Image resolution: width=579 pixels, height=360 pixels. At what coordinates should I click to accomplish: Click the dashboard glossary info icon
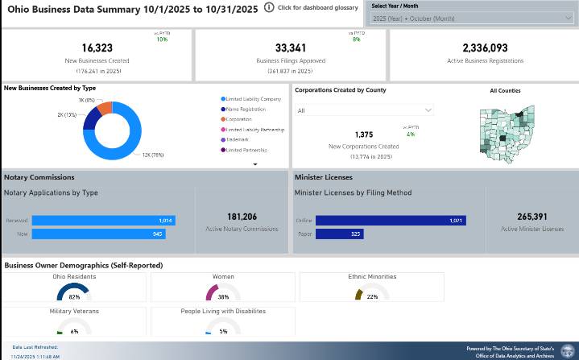(x=269, y=7)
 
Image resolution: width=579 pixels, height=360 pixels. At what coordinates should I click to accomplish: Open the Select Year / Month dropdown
(x=473, y=18)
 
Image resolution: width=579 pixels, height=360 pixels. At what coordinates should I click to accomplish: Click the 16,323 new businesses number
(x=97, y=48)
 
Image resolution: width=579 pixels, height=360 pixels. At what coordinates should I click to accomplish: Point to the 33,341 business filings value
(x=290, y=48)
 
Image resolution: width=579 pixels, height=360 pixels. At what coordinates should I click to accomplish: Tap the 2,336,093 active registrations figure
(x=485, y=48)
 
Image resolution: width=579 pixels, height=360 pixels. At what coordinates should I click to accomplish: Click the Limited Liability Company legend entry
(x=253, y=99)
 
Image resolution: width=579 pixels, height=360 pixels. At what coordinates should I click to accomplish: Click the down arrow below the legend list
(x=255, y=163)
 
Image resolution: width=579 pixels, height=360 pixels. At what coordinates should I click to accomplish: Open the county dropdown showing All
(x=363, y=110)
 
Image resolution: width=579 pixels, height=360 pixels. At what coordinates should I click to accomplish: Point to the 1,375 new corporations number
(x=364, y=135)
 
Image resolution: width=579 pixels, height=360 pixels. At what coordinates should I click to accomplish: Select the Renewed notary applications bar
(x=103, y=220)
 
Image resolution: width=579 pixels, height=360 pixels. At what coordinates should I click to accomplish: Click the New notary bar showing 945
(x=98, y=234)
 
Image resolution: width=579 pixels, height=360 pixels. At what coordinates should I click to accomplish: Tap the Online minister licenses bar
(x=391, y=220)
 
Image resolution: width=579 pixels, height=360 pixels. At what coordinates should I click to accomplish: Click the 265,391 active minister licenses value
(x=532, y=217)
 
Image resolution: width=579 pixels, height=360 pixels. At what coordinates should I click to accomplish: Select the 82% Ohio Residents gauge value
(x=74, y=296)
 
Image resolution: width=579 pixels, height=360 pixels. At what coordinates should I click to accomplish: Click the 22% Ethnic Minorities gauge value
(x=372, y=296)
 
